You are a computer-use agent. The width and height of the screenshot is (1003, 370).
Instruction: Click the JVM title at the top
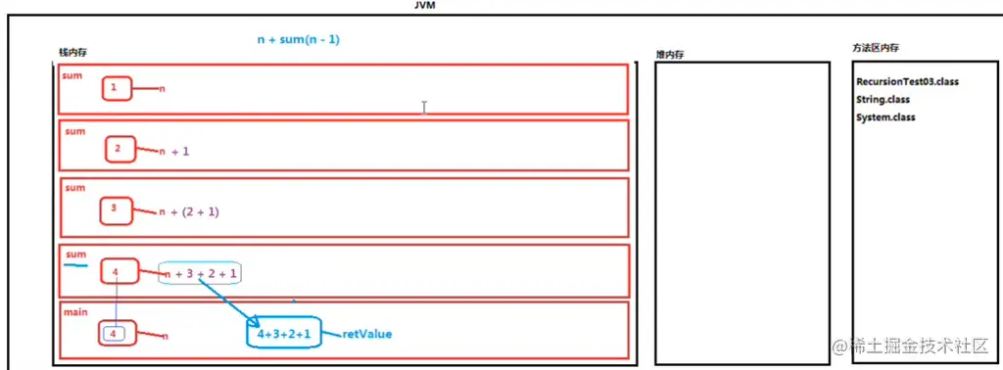(425, 5)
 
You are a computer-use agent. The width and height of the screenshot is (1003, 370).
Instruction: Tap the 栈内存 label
(79, 52)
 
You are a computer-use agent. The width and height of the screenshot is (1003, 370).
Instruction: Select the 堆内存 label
(671, 54)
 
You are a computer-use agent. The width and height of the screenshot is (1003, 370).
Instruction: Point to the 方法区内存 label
(877, 48)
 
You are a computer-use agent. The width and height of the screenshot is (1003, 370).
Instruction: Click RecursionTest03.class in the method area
(907, 82)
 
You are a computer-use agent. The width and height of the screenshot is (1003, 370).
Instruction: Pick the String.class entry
(883, 100)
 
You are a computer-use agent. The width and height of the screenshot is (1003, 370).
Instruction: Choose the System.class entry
(885, 117)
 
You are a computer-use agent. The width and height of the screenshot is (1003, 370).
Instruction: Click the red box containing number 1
(115, 89)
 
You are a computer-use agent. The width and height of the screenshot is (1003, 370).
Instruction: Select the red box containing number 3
(116, 208)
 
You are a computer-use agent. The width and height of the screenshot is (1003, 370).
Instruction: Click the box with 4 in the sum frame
(117, 271)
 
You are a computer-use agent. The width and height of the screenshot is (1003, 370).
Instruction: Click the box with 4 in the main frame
(114, 334)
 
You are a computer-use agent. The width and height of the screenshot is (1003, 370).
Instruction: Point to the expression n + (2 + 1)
(191, 211)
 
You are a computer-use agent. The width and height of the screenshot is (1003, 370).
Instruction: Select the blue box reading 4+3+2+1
(284, 335)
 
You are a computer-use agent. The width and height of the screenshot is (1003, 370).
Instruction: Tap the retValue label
(367, 335)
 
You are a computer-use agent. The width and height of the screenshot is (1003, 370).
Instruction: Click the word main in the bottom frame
(75, 313)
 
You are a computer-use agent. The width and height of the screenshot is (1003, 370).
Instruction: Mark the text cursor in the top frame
(423, 107)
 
